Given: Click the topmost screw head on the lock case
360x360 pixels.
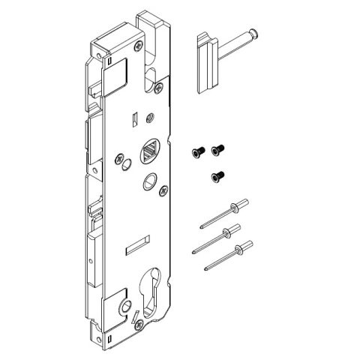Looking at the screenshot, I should [139, 46].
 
